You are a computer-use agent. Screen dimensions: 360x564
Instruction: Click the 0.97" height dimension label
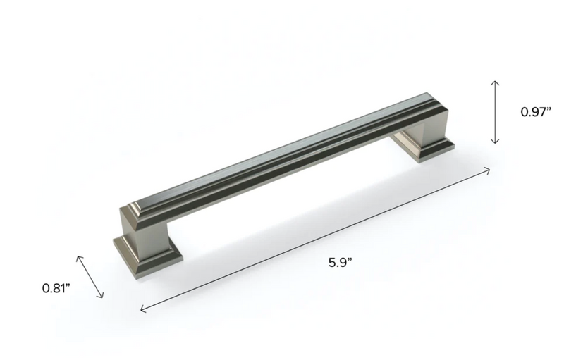535,111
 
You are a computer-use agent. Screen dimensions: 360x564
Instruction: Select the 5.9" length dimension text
340,263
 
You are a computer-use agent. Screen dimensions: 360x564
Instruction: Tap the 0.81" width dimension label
57,288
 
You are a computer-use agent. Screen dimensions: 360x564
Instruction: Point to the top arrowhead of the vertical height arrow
496,82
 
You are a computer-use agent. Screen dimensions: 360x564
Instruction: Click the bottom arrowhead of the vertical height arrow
496,142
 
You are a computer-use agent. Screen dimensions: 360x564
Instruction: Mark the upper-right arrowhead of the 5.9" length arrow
489,169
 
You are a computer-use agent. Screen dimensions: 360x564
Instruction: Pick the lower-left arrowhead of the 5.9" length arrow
143,309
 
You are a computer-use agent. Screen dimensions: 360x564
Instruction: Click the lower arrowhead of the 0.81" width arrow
103,297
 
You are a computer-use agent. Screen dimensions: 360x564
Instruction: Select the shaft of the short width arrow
90,276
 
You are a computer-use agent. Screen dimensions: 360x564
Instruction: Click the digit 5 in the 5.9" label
332,263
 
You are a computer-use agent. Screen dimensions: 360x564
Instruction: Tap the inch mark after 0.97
548,108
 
